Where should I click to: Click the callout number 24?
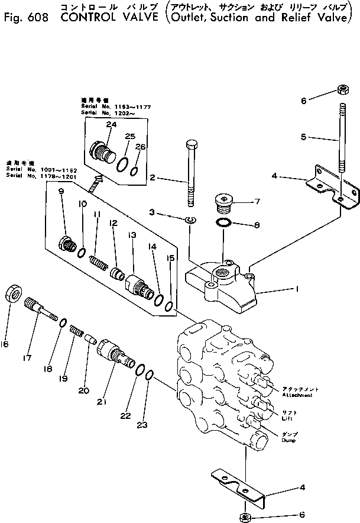click(x=111, y=124)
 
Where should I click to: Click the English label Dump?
click(x=288, y=441)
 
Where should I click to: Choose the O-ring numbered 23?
click(x=150, y=375)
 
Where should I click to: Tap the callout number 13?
click(x=132, y=235)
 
